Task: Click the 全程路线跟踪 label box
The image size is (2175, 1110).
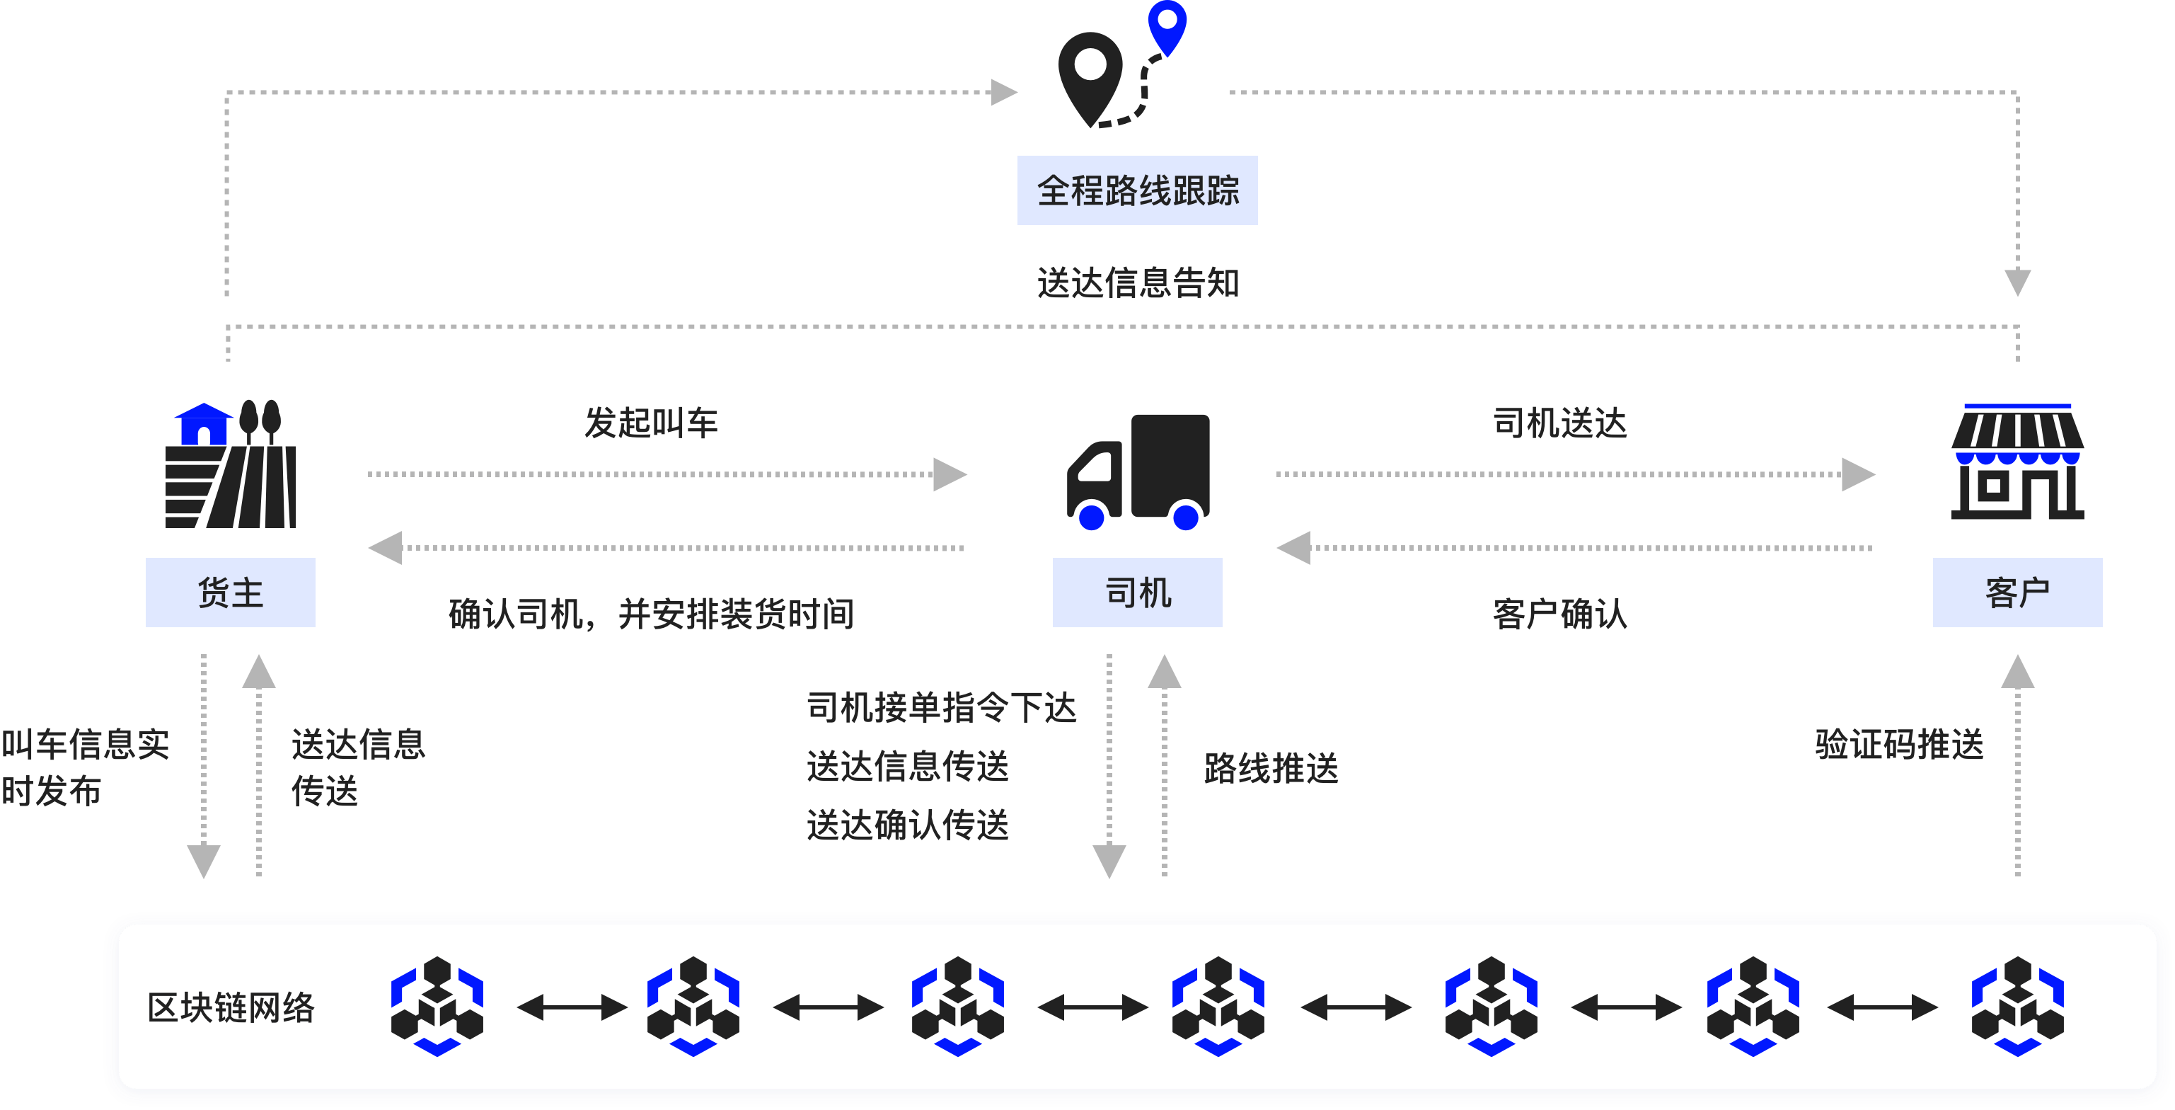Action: (x=1136, y=190)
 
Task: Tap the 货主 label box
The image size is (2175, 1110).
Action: (x=231, y=593)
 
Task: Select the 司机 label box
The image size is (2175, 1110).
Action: (x=1136, y=593)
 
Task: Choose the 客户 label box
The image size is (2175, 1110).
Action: (x=2017, y=593)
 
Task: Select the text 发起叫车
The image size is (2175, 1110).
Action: (x=651, y=423)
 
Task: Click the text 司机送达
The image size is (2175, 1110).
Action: (x=1559, y=423)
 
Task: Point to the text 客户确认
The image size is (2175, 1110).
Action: (x=1559, y=614)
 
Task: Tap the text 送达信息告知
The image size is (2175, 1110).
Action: (x=1137, y=283)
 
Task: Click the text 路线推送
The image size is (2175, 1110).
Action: (x=1271, y=769)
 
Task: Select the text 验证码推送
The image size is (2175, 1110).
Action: (x=1899, y=744)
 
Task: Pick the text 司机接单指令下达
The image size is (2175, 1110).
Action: (x=942, y=707)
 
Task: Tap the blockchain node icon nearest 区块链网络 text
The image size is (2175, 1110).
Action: (x=437, y=1006)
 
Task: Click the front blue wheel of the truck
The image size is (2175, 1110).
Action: (x=1092, y=516)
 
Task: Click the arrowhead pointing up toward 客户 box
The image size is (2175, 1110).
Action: (x=2017, y=673)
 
